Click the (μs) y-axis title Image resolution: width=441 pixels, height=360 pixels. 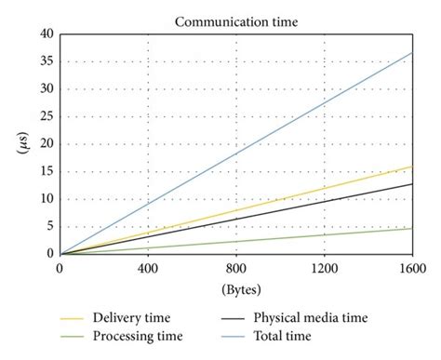point(20,144)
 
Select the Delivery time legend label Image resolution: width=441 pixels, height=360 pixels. point(130,318)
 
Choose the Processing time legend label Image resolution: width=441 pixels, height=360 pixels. point(137,336)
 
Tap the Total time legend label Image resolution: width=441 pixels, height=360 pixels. point(276,336)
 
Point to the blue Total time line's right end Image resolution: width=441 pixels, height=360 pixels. point(412,52)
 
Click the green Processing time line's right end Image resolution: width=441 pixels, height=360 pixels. point(412,228)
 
